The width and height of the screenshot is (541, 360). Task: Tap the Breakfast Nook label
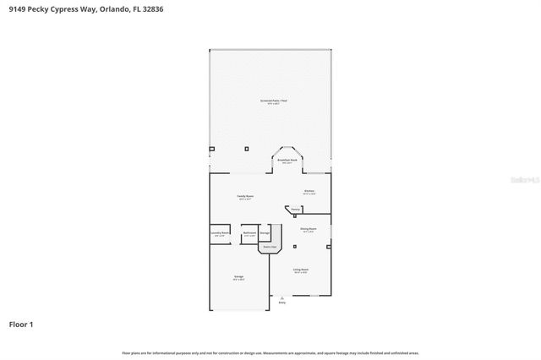[x=287, y=160]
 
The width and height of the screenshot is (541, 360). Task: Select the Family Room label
[x=245, y=196]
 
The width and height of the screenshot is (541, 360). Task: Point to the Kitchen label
[x=309, y=191]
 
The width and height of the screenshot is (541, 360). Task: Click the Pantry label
[x=297, y=209]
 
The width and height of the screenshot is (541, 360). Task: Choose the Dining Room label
[x=309, y=228]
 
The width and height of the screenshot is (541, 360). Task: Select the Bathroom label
[x=249, y=232]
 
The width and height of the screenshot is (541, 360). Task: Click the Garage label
[x=238, y=276]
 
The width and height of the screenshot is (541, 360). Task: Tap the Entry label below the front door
[x=282, y=303]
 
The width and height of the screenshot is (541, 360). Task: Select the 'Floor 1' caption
[x=21, y=324]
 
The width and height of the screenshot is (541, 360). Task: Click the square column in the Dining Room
[x=295, y=246]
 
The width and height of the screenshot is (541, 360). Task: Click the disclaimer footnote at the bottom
[x=270, y=352]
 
